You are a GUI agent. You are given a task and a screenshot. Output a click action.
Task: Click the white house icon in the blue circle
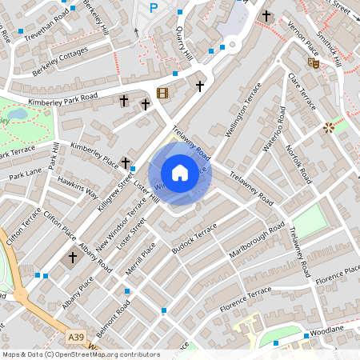click(x=180, y=173)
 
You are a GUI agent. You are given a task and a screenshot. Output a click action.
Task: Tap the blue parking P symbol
click(x=154, y=8)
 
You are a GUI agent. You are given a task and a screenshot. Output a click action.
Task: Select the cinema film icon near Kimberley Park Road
click(x=163, y=93)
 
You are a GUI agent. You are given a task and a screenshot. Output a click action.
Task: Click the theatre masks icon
click(x=314, y=62)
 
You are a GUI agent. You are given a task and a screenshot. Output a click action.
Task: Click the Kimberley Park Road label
click(x=62, y=101)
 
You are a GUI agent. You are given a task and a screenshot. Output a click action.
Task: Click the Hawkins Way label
click(x=78, y=188)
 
